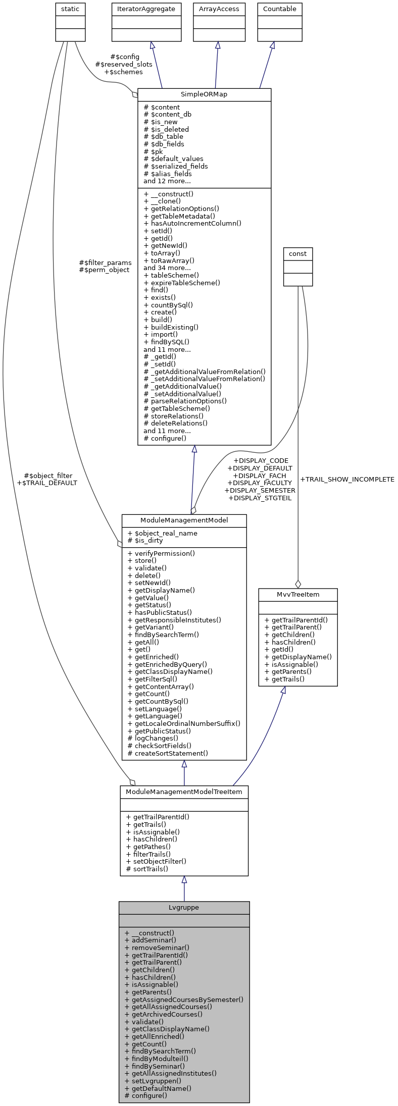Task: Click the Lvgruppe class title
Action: coord(184,907)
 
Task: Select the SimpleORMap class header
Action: coord(204,94)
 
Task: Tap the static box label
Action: coord(70,9)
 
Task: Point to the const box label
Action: coord(297,253)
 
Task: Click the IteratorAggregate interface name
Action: coord(146,9)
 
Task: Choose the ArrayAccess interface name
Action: coord(219,9)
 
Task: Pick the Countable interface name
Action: coord(280,9)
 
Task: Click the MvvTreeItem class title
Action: coord(297,594)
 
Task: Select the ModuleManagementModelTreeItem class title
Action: coord(184,792)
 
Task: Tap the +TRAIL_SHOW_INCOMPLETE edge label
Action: coord(347,479)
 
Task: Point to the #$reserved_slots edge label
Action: coord(124,64)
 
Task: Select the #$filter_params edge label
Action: coord(105,262)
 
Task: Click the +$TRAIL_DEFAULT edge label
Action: coord(47,483)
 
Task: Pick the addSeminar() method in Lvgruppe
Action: coord(150,940)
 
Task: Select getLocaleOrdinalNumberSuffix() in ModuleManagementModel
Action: coord(184,723)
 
